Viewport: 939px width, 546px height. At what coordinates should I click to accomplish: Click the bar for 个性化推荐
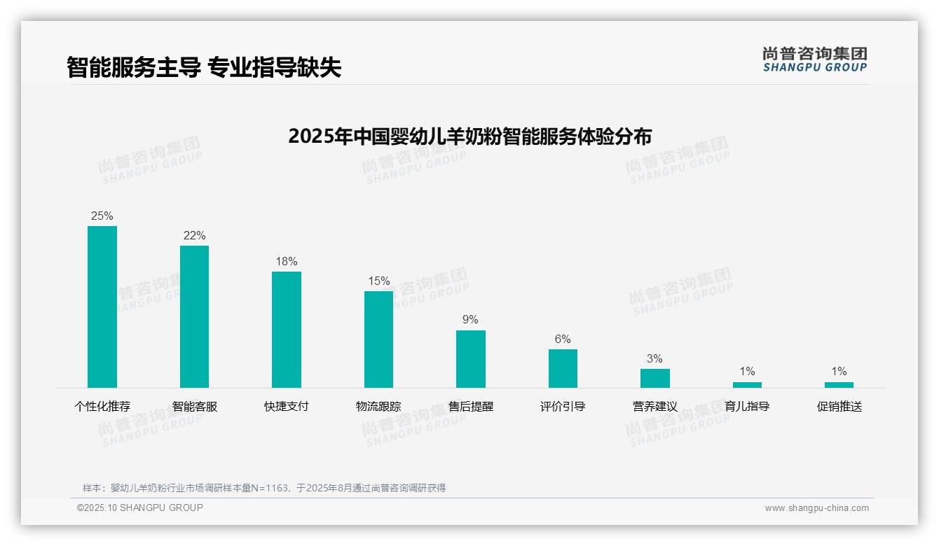pos(102,307)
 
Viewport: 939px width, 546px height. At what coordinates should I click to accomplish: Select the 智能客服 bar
pos(194,316)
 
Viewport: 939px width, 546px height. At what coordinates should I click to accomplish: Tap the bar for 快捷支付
pos(287,330)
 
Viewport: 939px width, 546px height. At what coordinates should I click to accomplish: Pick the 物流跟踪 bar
pos(378,339)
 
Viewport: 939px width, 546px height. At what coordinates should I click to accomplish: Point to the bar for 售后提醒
pos(471,359)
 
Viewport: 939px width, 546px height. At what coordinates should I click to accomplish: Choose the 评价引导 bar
pos(563,368)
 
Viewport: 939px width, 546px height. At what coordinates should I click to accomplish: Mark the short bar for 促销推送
pos(839,385)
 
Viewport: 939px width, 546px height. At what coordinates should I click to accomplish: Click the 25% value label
pos(102,216)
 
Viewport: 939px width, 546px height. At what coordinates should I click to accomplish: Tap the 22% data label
pos(194,235)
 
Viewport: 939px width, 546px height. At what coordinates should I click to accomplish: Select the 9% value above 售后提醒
pos(470,319)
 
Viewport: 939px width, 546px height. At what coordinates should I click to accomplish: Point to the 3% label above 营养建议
pos(654,358)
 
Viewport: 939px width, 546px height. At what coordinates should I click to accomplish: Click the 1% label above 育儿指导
pos(747,371)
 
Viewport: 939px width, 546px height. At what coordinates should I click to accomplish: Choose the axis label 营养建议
pos(654,406)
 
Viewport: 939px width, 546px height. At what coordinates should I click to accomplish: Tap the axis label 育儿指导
pos(747,406)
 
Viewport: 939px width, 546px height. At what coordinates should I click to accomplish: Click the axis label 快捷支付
pos(286,406)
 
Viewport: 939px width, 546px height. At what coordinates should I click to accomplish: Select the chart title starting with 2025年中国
pos(469,136)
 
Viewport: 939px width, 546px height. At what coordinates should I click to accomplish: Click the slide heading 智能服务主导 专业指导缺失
pos(204,67)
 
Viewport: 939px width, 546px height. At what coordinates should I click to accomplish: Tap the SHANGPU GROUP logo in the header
pos(814,59)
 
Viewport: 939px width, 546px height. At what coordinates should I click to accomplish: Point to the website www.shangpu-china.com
pos(816,508)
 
